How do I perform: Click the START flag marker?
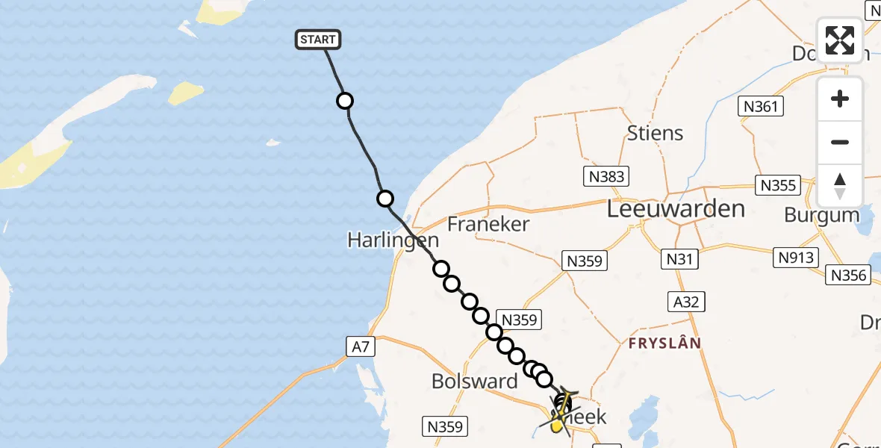[x=319, y=40]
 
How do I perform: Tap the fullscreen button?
[x=840, y=40]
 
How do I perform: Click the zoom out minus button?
[x=840, y=143]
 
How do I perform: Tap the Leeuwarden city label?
[x=676, y=209]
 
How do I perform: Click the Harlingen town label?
[x=393, y=240]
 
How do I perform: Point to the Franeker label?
[x=488, y=223]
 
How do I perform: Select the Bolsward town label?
[x=475, y=381]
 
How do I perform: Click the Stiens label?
[x=655, y=133]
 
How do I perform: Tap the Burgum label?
[x=822, y=215]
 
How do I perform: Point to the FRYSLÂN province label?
[x=664, y=343]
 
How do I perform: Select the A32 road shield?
[x=685, y=301]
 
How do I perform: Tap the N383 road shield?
[x=605, y=176]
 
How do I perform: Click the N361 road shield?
[x=761, y=106]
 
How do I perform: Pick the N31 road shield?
[x=679, y=259]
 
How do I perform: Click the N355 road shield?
[x=777, y=184]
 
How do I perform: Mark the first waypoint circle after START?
[x=344, y=101]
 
